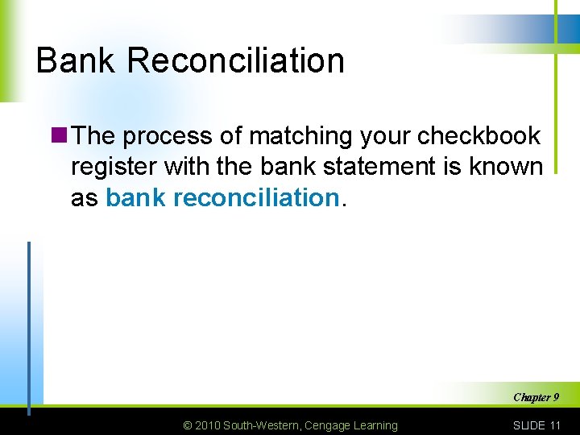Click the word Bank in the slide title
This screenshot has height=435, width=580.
74,60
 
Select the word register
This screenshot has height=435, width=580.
114,167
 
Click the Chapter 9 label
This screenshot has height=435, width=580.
536,397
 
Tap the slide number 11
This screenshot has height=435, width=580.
553,425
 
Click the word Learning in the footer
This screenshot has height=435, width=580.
375,425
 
